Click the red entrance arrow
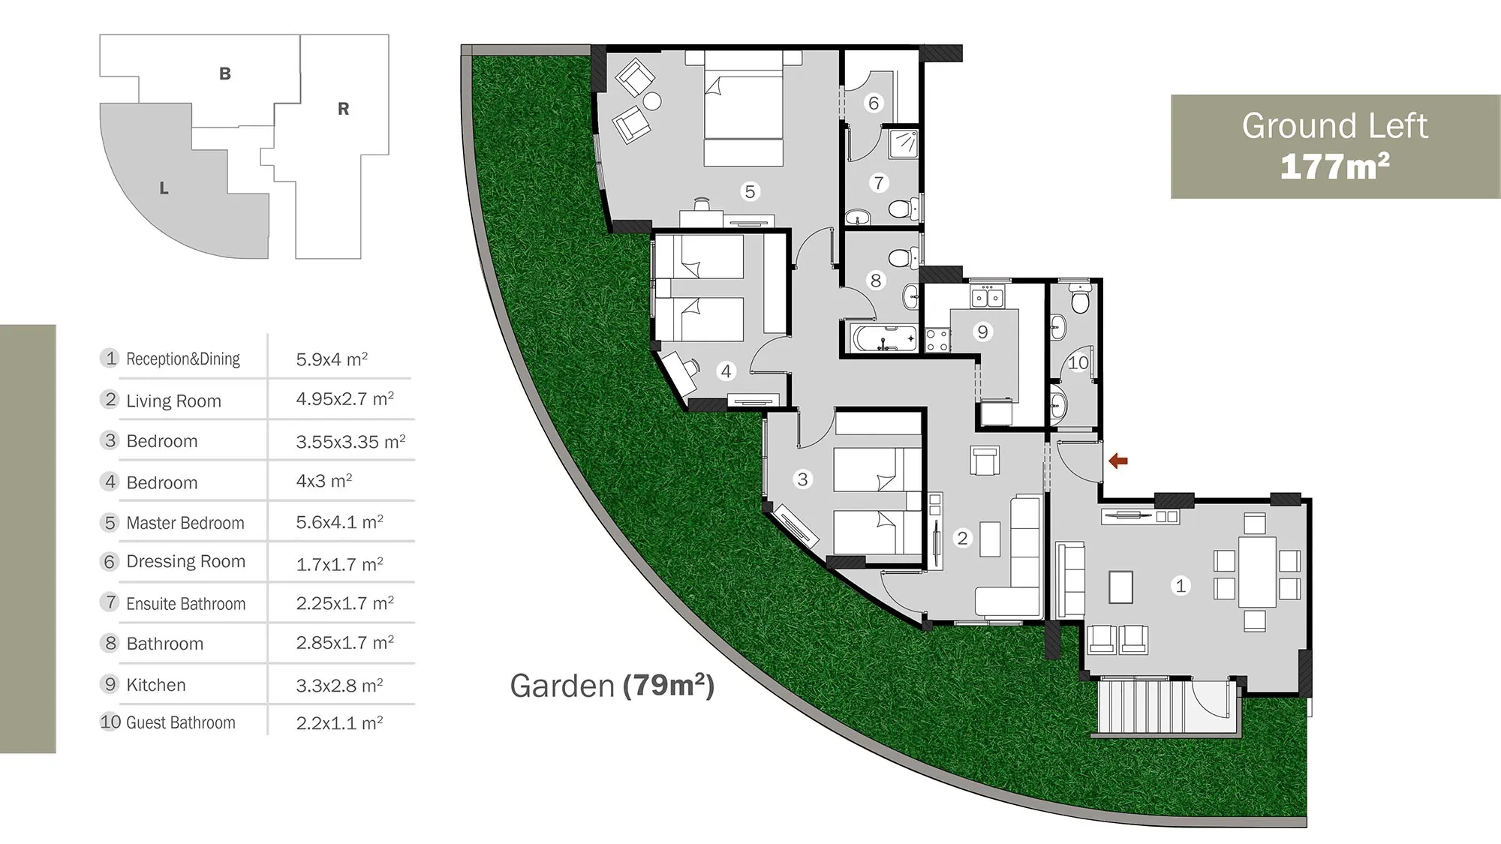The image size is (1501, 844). pos(1118,461)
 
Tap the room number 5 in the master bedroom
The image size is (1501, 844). pos(749,191)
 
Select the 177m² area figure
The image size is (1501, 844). pos(1334,167)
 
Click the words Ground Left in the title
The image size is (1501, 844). pos(1334,125)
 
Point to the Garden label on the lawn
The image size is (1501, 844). pos(562,686)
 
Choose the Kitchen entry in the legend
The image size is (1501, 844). pos(156,685)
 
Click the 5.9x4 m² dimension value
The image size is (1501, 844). pos(332,359)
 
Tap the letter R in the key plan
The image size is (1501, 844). pos(343,109)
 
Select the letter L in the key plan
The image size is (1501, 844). pos(164,188)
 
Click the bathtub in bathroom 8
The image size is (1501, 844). pos(884,338)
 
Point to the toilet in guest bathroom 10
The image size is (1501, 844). pos(1080,299)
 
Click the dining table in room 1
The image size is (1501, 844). pos(1257,572)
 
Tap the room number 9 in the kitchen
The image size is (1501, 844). pos(982,332)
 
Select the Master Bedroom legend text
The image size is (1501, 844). pos(185,523)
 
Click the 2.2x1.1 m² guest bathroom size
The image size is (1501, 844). pos(339,722)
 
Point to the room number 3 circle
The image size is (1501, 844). pos(802,479)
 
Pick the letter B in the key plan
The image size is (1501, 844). pos(224,74)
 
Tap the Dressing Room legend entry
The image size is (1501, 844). pos(185,561)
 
